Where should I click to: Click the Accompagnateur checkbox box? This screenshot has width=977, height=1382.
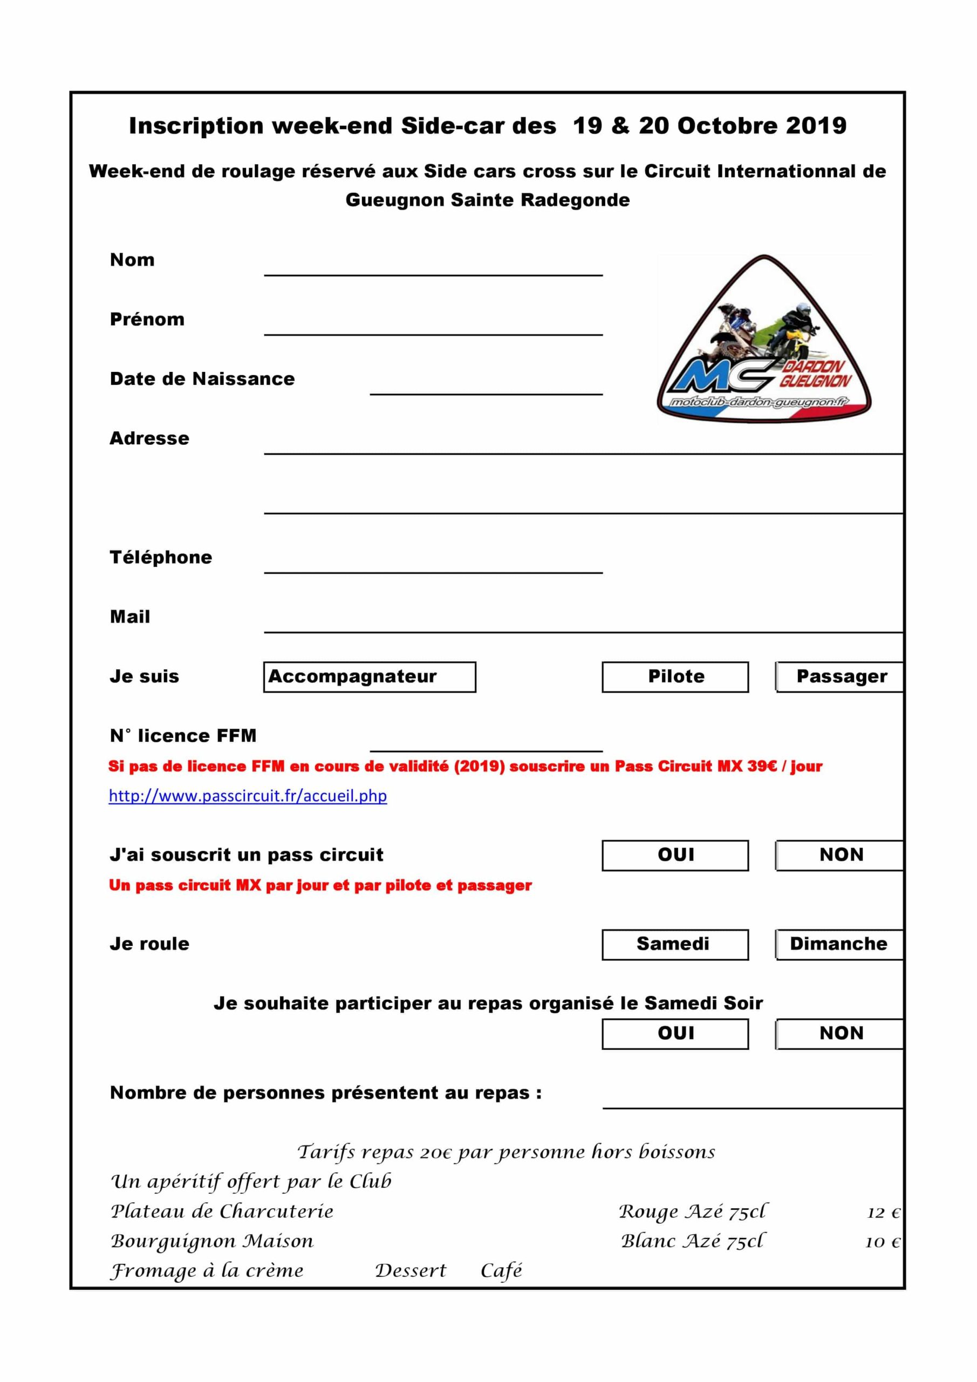[370, 676]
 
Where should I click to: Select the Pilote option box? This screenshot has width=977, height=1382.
[675, 676]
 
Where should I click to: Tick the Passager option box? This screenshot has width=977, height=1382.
[840, 676]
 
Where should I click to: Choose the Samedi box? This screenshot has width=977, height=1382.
[675, 944]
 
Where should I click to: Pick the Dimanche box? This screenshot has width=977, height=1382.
[840, 944]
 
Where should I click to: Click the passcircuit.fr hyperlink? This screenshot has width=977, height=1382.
[248, 796]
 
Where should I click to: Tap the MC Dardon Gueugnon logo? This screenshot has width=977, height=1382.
[763, 340]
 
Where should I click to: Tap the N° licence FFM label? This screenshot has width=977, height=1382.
[183, 736]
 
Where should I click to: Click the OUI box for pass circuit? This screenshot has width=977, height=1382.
[675, 855]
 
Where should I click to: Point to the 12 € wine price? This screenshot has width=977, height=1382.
[883, 1212]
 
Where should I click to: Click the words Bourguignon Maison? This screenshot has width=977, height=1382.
[213, 1241]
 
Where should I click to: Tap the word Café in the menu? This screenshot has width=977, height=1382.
[501, 1271]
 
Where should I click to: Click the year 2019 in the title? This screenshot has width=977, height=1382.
[816, 126]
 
